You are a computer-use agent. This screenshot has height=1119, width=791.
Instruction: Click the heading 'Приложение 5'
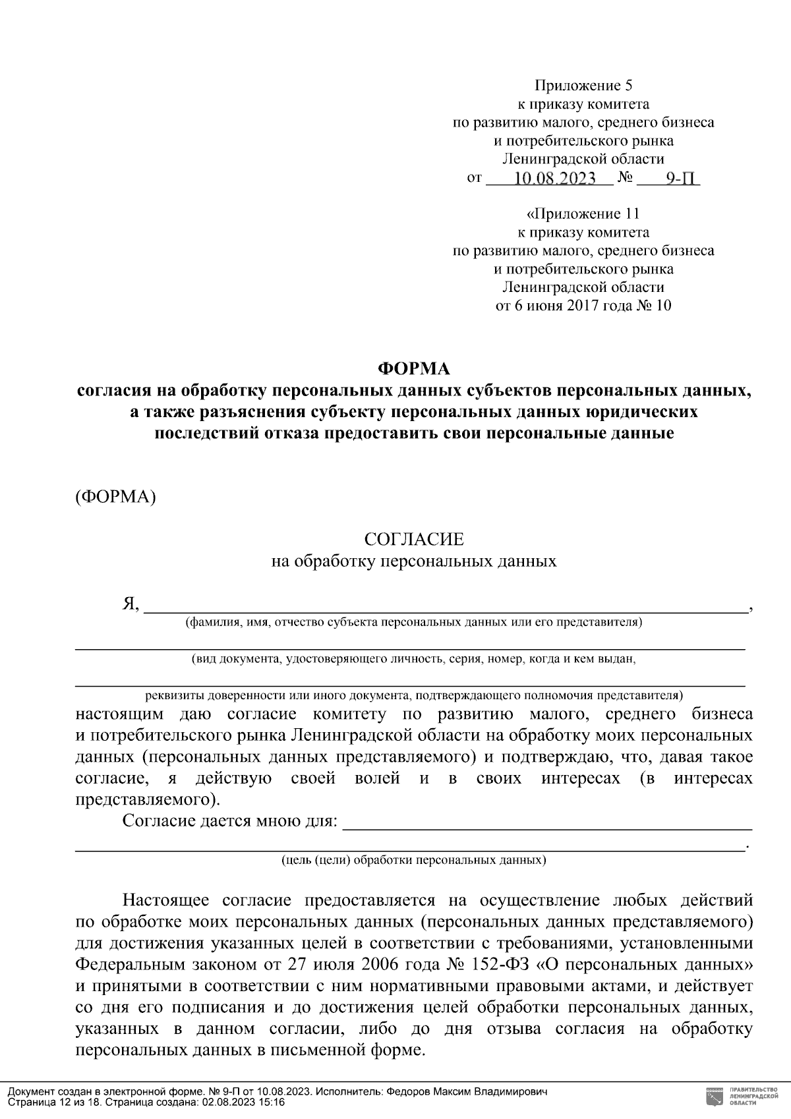click(583, 86)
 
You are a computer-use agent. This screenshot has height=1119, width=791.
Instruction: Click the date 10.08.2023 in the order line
click(554, 179)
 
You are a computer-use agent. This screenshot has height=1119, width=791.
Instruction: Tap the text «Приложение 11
click(583, 214)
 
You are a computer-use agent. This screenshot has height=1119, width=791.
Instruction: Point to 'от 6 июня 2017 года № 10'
click(583, 306)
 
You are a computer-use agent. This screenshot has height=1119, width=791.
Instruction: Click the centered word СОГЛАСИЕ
click(414, 540)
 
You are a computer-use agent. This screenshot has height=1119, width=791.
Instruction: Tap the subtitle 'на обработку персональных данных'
click(414, 561)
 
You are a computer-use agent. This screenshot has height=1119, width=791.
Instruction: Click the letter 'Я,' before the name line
click(130, 604)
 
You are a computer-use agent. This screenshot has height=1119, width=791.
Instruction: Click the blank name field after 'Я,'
click(446, 605)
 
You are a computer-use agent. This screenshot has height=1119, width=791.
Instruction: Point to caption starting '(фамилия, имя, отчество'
click(414, 622)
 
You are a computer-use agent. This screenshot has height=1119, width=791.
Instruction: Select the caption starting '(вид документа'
click(414, 658)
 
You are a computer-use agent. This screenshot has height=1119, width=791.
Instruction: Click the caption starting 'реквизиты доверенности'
click(414, 695)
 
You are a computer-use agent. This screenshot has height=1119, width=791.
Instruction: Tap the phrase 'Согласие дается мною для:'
click(230, 822)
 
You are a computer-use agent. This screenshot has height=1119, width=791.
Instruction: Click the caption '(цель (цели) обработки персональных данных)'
click(414, 861)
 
